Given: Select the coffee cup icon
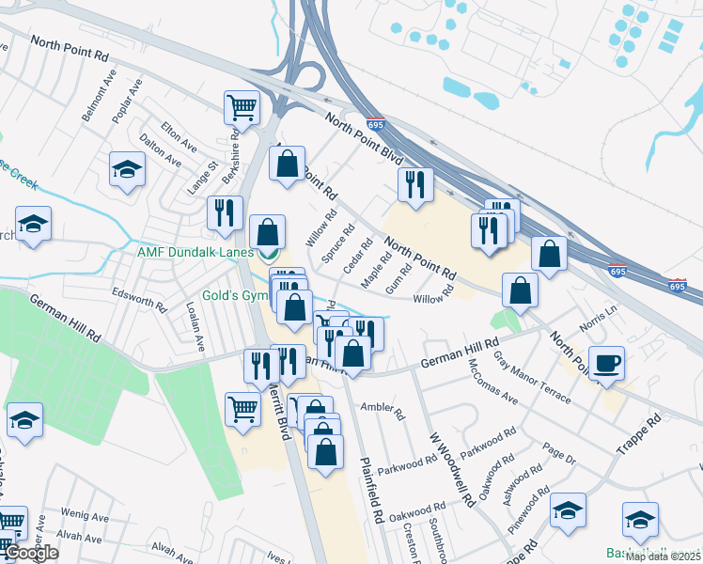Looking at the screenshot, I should (x=606, y=362).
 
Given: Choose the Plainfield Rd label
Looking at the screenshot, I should (x=371, y=490).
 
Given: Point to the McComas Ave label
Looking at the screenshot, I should (x=492, y=382).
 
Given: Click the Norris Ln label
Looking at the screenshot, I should (x=600, y=319).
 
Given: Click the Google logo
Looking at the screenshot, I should (x=31, y=553).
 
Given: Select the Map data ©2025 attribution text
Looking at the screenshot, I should (x=662, y=556).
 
